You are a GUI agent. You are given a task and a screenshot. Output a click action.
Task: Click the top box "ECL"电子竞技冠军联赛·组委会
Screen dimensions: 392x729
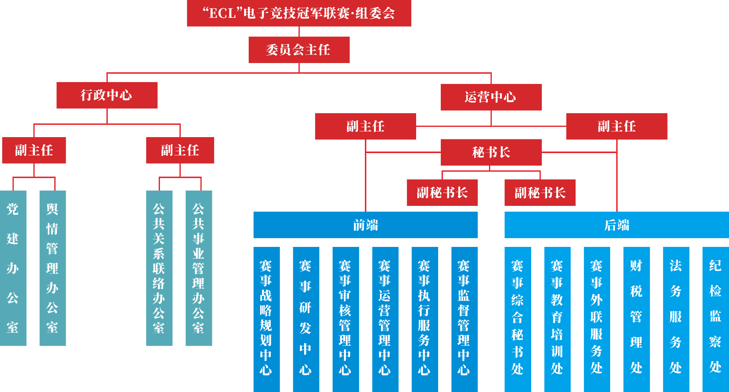299,13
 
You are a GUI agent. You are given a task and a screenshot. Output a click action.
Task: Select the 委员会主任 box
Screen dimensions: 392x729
299,50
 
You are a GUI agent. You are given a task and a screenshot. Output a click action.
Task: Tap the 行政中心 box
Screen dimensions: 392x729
107,95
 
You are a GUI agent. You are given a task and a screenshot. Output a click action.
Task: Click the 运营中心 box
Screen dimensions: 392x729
491,97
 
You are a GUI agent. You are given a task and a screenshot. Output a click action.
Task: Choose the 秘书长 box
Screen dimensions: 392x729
491,152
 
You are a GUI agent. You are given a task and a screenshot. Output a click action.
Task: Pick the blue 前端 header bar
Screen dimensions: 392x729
365,225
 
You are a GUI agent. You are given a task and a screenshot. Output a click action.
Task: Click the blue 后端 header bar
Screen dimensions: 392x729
617,225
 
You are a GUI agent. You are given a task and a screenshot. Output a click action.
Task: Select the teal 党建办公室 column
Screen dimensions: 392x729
13,268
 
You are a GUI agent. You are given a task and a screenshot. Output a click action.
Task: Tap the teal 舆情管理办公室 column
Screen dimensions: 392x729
52,268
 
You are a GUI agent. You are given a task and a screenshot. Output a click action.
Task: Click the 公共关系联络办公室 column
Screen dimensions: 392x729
159,268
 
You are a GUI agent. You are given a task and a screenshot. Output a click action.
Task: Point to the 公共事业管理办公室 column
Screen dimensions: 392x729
199,268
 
